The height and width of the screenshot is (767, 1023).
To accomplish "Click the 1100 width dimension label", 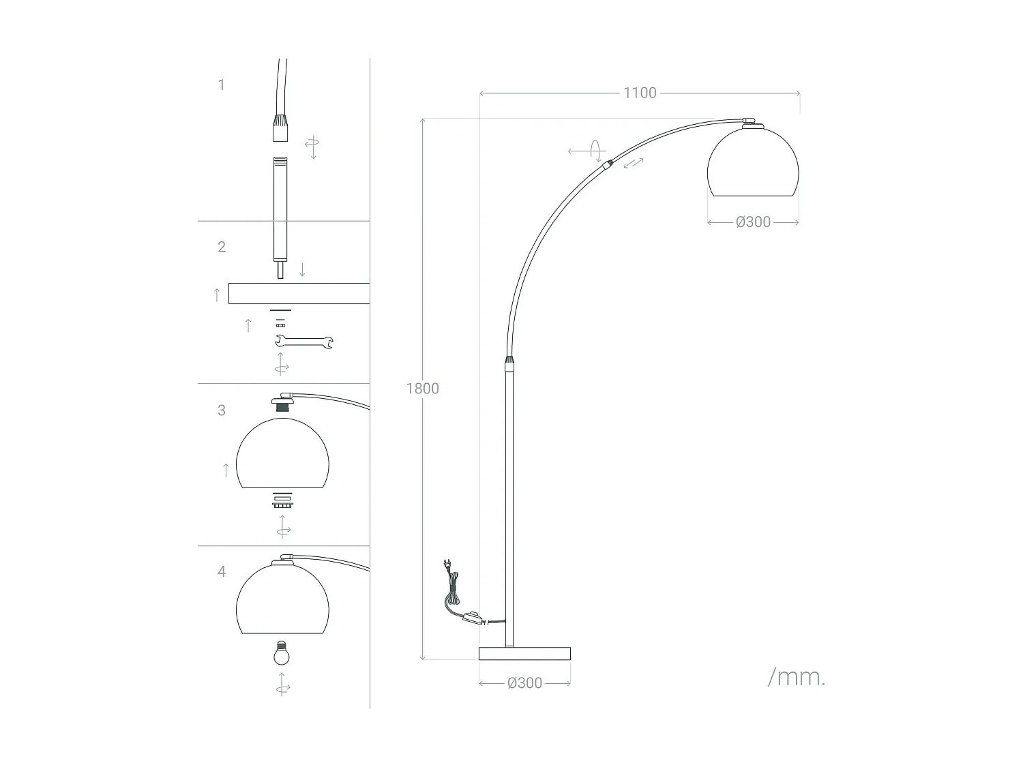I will tap(639, 93).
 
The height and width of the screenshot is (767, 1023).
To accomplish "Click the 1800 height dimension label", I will tap(422, 389).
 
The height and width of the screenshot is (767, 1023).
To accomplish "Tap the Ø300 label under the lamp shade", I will tap(753, 222).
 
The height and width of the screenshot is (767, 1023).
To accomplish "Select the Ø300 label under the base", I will tap(524, 683).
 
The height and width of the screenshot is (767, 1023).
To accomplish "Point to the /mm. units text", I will tap(797, 677).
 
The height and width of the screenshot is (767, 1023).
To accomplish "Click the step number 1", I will tap(221, 85).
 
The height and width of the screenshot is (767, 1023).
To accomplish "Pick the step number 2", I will tap(221, 247).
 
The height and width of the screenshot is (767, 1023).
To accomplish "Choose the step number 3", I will tap(221, 410).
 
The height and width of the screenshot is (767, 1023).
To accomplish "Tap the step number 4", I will tap(221, 571).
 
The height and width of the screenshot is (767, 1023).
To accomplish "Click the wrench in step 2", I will tap(303, 342).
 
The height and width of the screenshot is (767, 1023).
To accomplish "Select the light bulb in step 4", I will tap(282, 653).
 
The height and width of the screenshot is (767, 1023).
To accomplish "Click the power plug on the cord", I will tap(447, 565).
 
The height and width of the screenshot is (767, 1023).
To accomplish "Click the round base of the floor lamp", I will tap(524, 654).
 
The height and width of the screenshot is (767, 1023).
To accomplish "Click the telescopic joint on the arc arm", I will tap(606, 164).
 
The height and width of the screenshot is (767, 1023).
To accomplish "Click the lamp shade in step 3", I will tap(282, 454).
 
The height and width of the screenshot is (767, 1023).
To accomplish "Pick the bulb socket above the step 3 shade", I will tap(282, 404).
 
